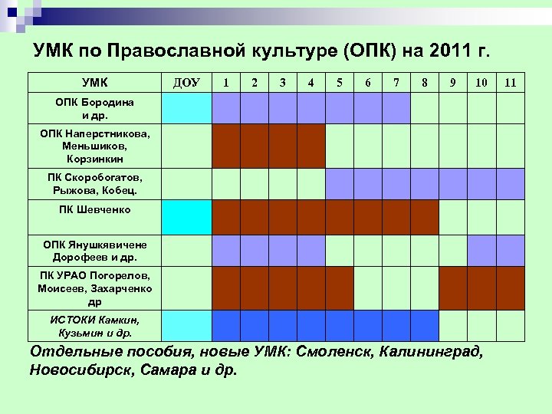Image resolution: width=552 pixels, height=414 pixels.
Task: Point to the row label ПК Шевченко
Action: pyautogui.click(x=95, y=209)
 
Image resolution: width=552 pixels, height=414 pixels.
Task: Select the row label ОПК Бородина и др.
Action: pyautogui.click(x=95, y=108)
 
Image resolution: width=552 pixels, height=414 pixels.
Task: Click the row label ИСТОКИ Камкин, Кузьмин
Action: pyautogui.click(x=95, y=326)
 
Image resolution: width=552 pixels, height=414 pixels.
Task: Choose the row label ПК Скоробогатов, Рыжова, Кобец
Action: pyautogui.click(x=95, y=184)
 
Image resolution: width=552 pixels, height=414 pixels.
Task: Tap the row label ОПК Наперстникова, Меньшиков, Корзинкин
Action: pyautogui.click(x=95, y=146)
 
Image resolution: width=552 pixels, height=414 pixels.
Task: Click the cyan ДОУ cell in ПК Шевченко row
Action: pyautogui.click(x=187, y=217)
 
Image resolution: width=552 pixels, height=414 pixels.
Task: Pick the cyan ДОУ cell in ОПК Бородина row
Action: pyautogui.click(x=187, y=108)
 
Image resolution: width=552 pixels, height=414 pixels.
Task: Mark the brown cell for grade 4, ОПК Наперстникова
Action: pyautogui.click(x=310, y=146)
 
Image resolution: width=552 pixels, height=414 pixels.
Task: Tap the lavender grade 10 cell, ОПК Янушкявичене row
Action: pyautogui.click(x=481, y=250)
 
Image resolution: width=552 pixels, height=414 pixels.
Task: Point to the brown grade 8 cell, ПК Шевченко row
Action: pyautogui.click(x=424, y=217)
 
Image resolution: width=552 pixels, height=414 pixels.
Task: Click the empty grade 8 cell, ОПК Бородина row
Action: pyautogui.click(x=424, y=108)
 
